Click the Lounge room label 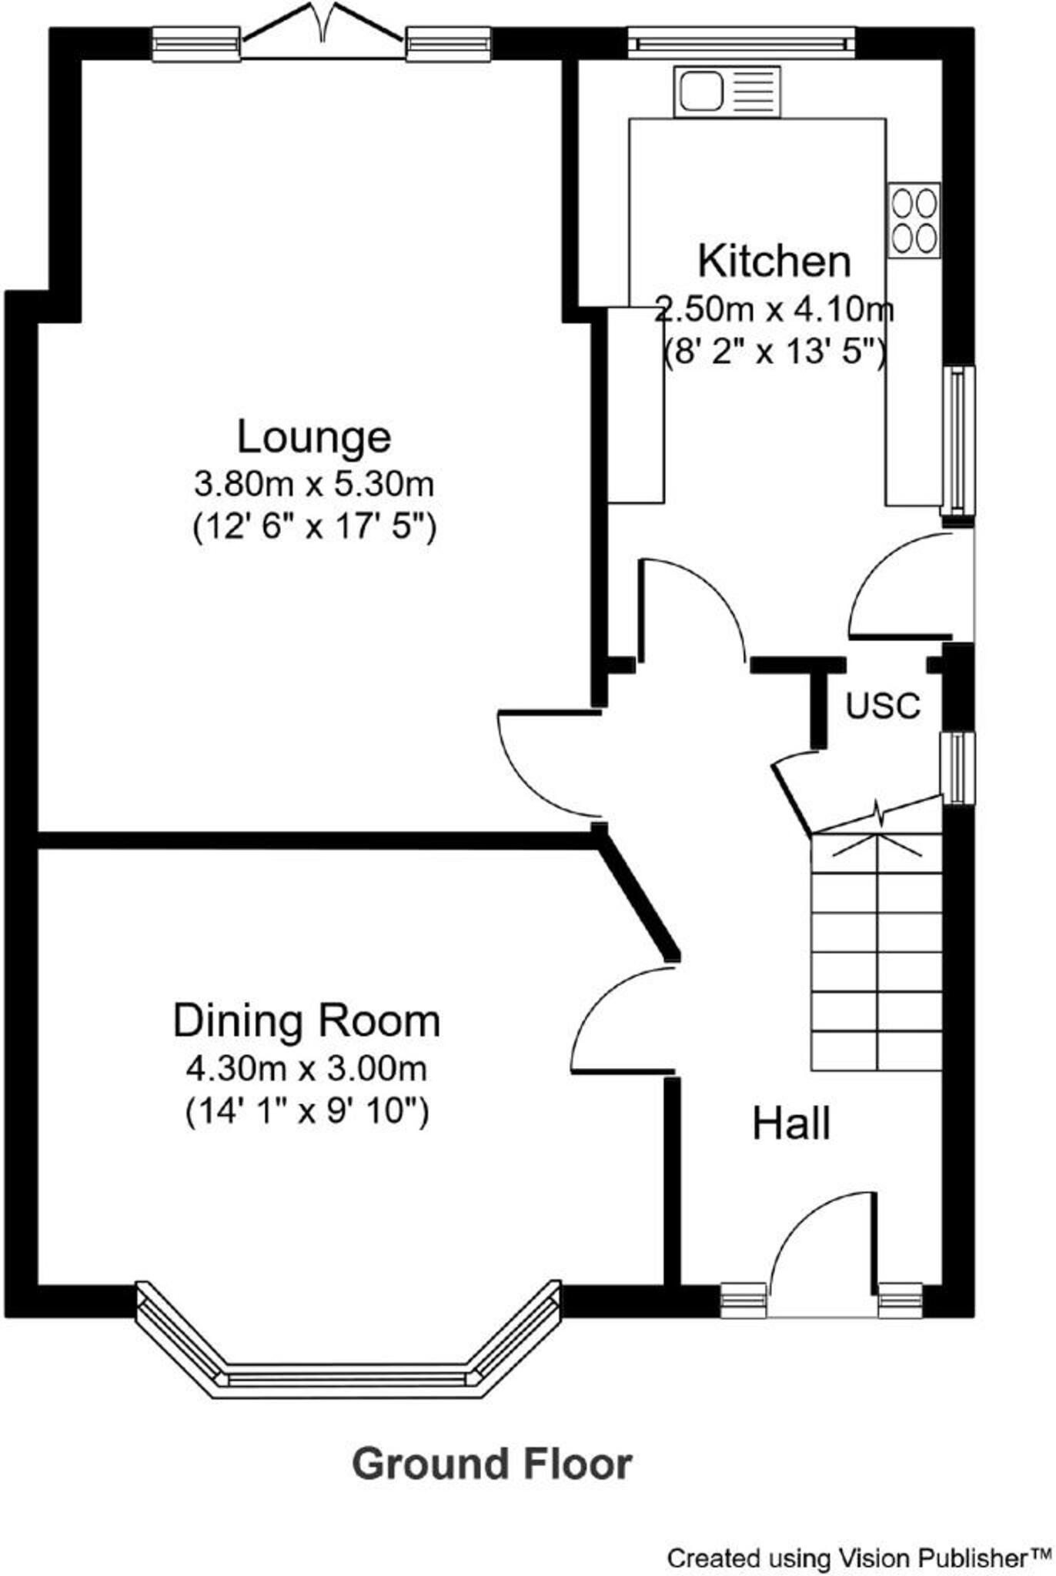pos(314,437)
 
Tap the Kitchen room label pos(774,261)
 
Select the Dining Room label pos(306,1021)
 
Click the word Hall pos(791,1124)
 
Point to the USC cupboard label pos(883,706)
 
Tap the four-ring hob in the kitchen pos(914,220)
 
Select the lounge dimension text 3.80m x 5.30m pos(314,485)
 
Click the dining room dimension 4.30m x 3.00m pos(306,1068)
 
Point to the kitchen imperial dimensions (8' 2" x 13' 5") pos(774,353)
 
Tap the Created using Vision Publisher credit pos(858,1559)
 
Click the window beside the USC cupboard pos(957,767)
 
